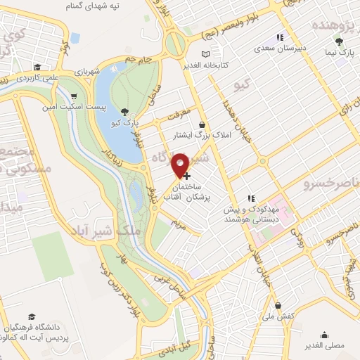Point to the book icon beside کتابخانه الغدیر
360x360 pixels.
point(205,53)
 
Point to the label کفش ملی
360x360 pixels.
point(279,318)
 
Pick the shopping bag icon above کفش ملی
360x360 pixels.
point(279,306)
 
